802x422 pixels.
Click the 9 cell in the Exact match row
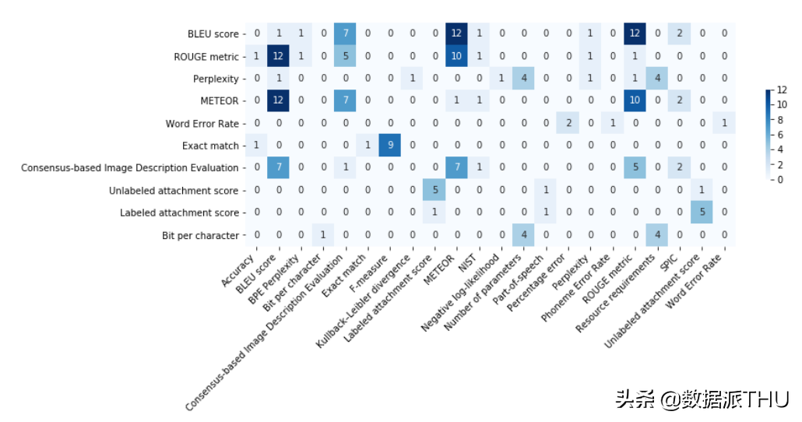pos(390,146)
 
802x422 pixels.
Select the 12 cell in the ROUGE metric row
pos(279,57)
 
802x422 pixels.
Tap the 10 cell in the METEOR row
pos(635,101)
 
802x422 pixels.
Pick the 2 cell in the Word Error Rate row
pos(568,124)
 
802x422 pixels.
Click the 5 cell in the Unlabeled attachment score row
pos(434,190)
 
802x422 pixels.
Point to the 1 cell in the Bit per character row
pos(323,235)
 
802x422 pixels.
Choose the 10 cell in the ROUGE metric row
pos(457,57)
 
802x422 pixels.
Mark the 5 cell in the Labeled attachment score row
pos(702,213)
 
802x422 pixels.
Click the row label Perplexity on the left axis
pos(216,79)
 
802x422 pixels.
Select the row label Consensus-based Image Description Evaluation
pos(129,168)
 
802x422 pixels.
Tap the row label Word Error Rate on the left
pos(202,124)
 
